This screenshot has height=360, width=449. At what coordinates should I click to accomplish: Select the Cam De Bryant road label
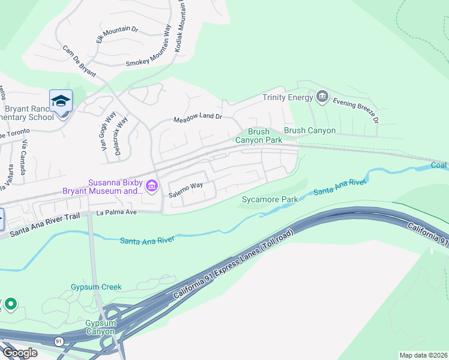coord(79,63)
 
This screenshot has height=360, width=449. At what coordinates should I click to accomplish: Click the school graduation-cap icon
coord(61,101)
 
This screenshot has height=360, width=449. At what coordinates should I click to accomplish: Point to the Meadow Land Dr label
coord(197,120)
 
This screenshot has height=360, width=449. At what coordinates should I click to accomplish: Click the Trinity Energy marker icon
coord(322,97)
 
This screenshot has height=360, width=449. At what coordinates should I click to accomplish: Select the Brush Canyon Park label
coord(258,136)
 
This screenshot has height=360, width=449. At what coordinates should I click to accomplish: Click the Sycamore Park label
coord(270,199)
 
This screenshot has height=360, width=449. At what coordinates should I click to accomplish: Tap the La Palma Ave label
coord(117,212)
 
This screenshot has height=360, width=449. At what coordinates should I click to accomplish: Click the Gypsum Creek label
coord(96,287)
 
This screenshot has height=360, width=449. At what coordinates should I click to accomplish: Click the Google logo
coord(20,353)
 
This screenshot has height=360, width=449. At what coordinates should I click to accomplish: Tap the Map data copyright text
coord(423,355)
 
